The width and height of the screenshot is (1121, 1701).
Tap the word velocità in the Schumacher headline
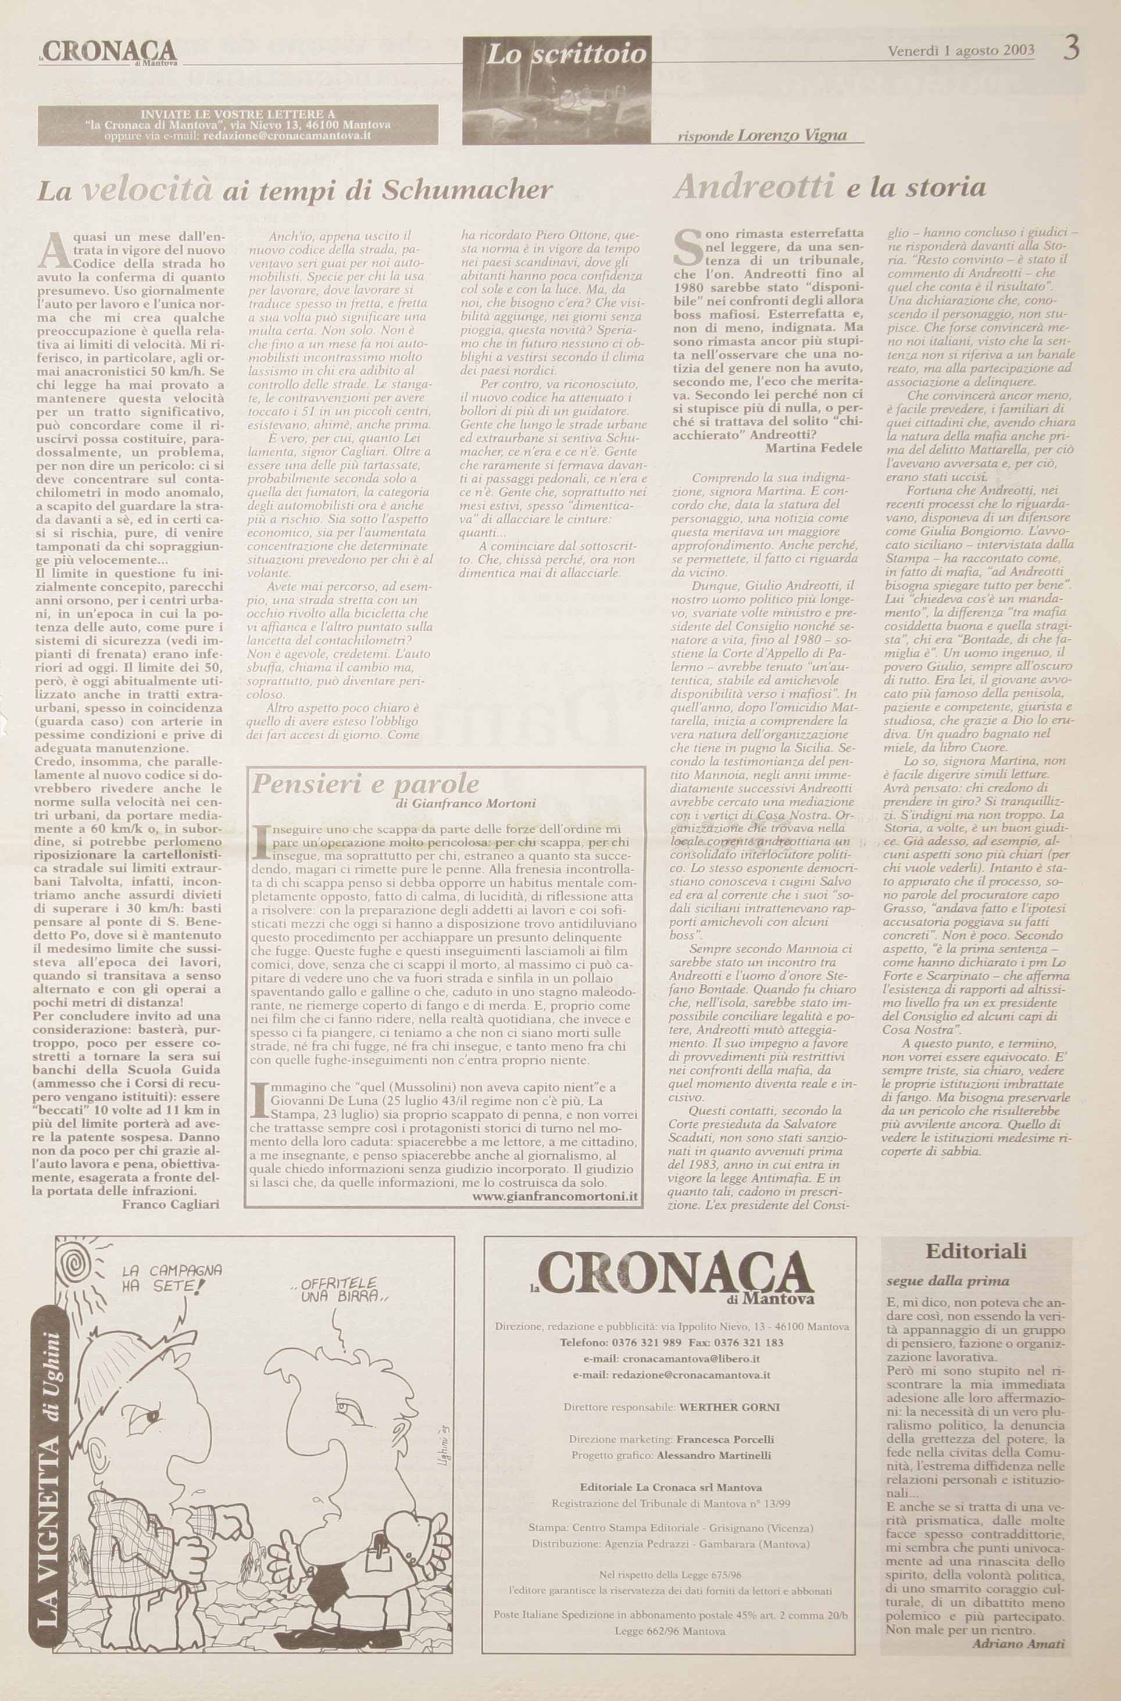click(x=147, y=190)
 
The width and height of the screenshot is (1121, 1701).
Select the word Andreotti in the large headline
click(x=754, y=187)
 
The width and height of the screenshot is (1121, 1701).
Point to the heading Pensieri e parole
click(x=365, y=784)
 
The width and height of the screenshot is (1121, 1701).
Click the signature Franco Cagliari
click(x=170, y=1203)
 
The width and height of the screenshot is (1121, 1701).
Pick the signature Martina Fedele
click(x=813, y=447)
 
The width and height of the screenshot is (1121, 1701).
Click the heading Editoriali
click(x=976, y=1251)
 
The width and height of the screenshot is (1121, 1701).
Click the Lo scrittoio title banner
click(x=566, y=53)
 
